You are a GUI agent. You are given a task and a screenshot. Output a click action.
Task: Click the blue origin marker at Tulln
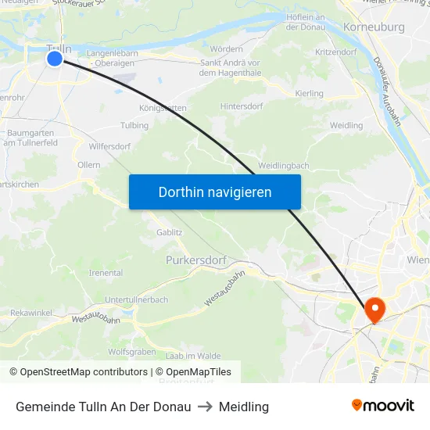(x=54, y=58)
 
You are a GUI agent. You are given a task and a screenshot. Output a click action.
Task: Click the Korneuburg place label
(x=374, y=27)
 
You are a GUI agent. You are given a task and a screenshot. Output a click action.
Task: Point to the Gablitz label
(x=169, y=232)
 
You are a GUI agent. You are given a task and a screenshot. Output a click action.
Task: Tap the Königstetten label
(x=163, y=109)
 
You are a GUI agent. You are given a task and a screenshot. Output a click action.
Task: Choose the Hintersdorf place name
(x=242, y=106)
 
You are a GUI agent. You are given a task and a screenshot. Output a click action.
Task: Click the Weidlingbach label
(x=283, y=166)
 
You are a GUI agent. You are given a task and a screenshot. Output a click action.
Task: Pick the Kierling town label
(x=310, y=94)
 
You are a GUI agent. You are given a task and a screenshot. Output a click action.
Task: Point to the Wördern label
(x=227, y=48)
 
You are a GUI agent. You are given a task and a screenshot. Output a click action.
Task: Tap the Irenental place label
(x=106, y=273)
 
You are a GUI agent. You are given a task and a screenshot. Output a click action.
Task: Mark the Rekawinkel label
(x=30, y=312)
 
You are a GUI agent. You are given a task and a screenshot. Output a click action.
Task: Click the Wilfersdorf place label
(x=109, y=145)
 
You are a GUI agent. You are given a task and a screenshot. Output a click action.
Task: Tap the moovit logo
(x=382, y=406)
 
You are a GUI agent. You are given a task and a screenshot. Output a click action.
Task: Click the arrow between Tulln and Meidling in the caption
(x=205, y=407)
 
